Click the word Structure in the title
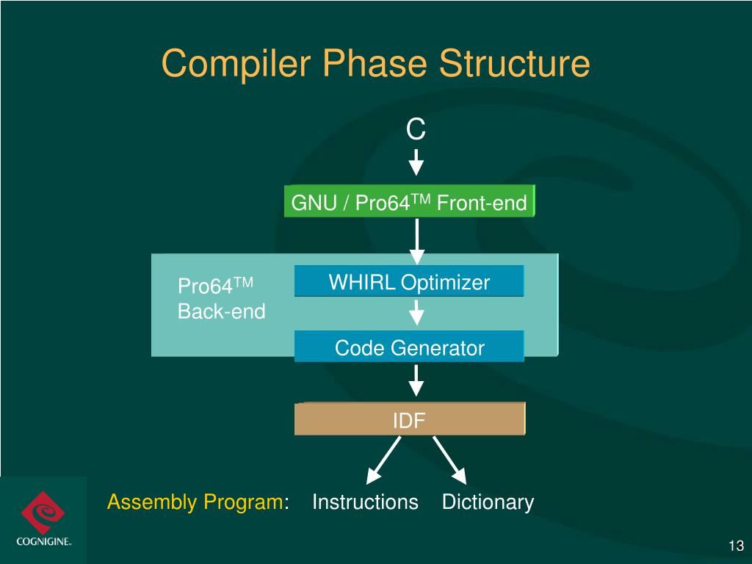pyautogui.click(x=515, y=64)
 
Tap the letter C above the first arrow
pyautogui.click(x=416, y=130)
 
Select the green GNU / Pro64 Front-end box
pyautogui.click(x=409, y=202)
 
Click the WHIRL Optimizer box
pyautogui.click(x=409, y=282)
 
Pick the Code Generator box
pyautogui.click(x=409, y=347)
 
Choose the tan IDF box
pyautogui.click(x=409, y=419)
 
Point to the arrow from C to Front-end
pyautogui.click(x=416, y=162)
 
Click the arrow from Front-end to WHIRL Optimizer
pyautogui.click(x=416, y=241)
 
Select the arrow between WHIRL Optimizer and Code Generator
pyautogui.click(x=416, y=313)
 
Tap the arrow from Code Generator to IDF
pyautogui.click(x=416, y=380)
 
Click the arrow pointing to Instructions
pyautogui.click(x=383, y=459)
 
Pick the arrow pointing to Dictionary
pyautogui.click(x=450, y=459)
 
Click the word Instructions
pyautogui.click(x=365, y=502)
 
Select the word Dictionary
pyautogui.click(x=488, y=502)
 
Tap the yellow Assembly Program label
pyautogui.click(x=195, y=502)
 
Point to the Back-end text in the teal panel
pyautogui.click(x=221, y=311)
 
